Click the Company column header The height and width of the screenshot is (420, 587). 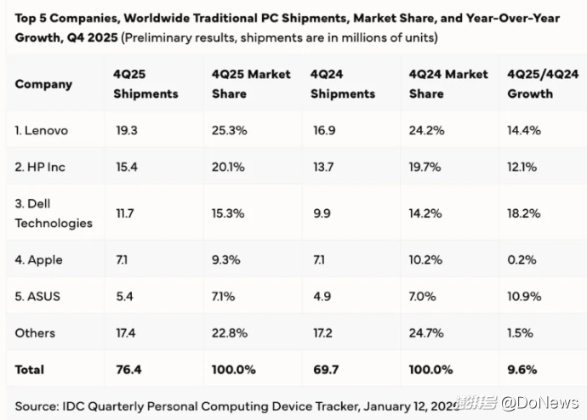(43, 84)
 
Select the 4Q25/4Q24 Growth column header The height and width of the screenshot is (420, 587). (543, 84)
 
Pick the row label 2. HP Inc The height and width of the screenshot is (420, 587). (40, 167)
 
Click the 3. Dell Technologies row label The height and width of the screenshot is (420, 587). (53, 213)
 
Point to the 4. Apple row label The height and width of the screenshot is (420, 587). (38, 260)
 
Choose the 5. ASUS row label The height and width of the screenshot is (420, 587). (37, 297)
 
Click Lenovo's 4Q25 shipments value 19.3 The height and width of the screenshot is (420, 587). (126, 131)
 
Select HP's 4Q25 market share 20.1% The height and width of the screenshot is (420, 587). (229, 167)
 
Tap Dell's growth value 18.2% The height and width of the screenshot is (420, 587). (523, 213)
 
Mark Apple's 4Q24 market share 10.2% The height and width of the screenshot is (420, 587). (426, 260)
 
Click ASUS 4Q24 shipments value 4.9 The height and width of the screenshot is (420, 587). (322, 297)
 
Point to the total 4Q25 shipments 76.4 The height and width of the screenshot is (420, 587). (127, 370)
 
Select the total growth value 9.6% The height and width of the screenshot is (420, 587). (521, 370)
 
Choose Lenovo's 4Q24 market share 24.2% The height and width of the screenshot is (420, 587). (426, 131)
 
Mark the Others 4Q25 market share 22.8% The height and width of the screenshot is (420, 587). (230, 333)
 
